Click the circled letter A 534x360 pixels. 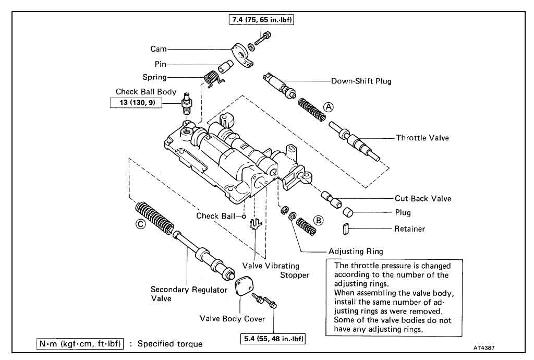pos(328,106)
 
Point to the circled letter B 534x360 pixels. pos(318,220)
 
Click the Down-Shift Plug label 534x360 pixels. pos(361,81)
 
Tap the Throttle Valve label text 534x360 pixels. pos(422,138)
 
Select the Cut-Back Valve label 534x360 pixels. pos(422,198)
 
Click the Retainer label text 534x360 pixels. pos(410,229)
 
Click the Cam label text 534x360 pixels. pos(159,49)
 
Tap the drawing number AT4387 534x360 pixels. pos(484,346)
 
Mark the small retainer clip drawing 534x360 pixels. pos(345,229)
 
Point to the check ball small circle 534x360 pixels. pos(244,215)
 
